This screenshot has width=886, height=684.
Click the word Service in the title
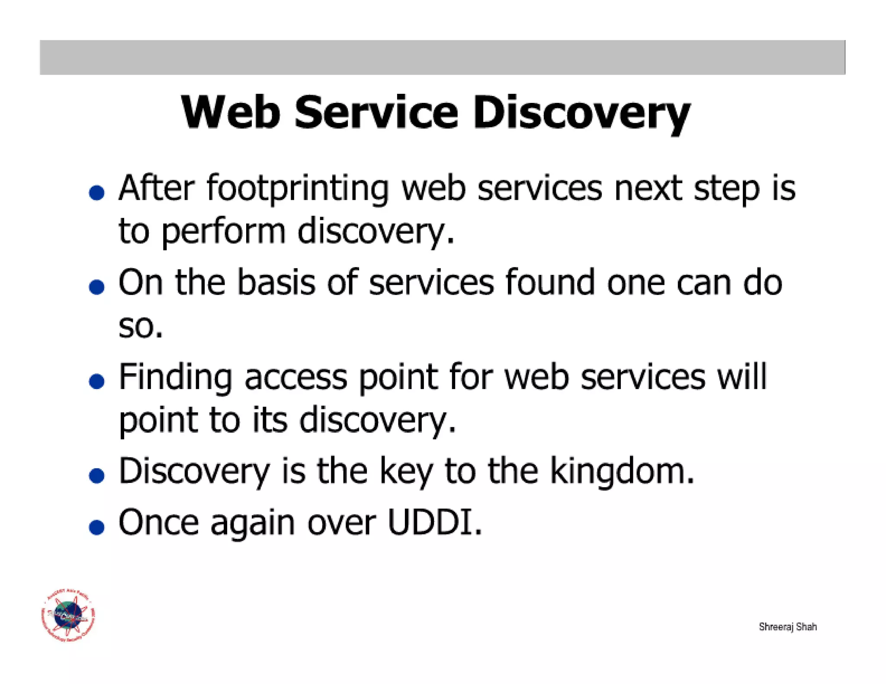point(376,112)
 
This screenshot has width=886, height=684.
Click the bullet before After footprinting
point(96,193)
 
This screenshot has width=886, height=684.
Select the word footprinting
point(297,189)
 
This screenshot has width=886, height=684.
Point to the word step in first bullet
point(727,189)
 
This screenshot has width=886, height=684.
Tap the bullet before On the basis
point(96,287)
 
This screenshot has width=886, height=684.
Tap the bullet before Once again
point(96,527)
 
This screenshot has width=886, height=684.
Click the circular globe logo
point(68,616)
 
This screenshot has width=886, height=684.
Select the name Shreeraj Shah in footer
point(787,627)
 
